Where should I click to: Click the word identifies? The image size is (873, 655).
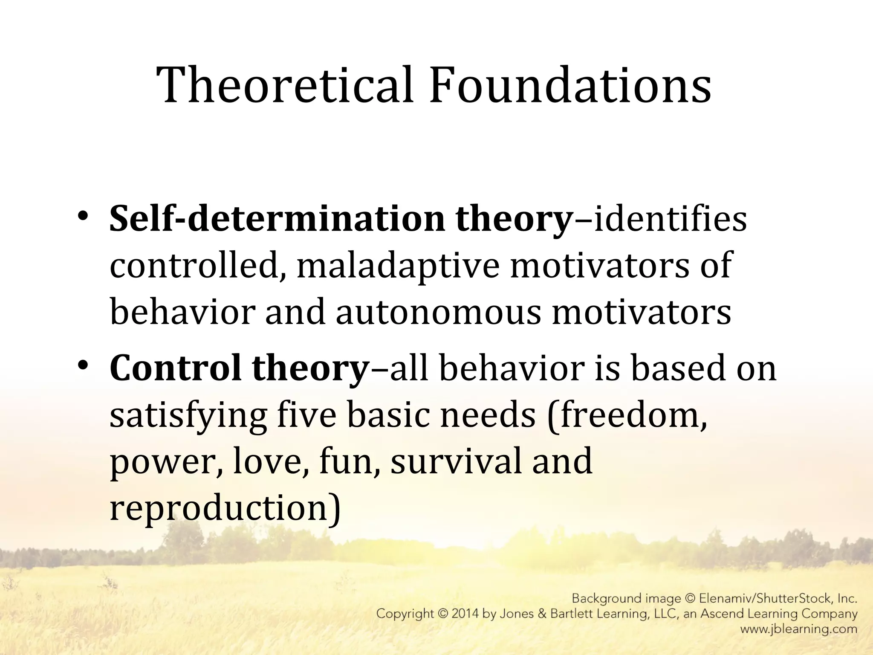point(670,219)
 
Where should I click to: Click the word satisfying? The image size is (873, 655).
point(188,416)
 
